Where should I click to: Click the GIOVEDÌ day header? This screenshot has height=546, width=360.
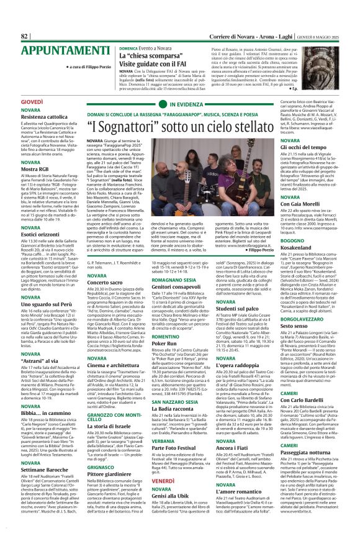point(15,101)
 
